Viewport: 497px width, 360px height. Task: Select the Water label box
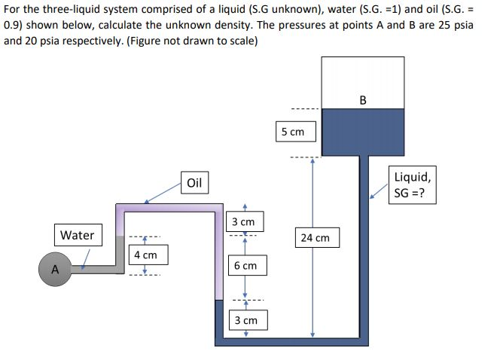pyautogui.click(x=77, y=235)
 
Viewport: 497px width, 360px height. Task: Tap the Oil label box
pyautogui.click(x=194, y=183)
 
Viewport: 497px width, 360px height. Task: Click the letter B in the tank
pyautogui.click(x=363, y=99)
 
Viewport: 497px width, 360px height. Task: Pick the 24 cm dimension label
pyautogui.click(x=315, y=238)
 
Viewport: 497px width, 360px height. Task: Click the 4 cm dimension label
pyautogui.click(x=145, y=255)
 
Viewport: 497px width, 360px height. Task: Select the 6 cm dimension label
pyautogui.click(x=245, y=266)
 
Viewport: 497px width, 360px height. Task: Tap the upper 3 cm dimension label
pyautogui.click(x=243, y=222)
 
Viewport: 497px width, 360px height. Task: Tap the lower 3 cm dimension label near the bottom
pyautogui.click(x=245, y=320)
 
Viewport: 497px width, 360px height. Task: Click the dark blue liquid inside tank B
pyautogui.click(x=363, y=131)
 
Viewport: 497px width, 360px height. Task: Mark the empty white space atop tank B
pyautogui.click(x=363, y=79)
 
